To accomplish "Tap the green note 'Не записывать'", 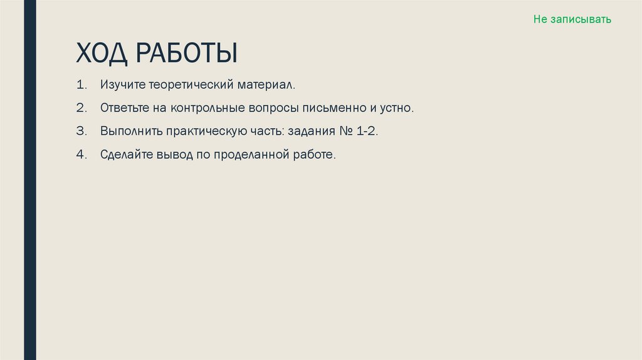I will click(x=572, y=19).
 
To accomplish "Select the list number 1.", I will click(x=81, y=84).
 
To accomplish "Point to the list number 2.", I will click(x=81, y=108).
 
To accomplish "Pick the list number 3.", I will click(x=81, y=132).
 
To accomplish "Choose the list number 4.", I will click(x=81, y=155).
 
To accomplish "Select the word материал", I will click(x=267, y=84).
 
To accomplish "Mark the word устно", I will click(x=397, y=108).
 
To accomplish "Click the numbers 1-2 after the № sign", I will click(x=369, y=132).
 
